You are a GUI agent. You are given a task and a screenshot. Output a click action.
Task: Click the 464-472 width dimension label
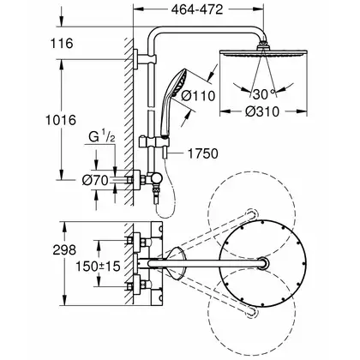pos(197,10)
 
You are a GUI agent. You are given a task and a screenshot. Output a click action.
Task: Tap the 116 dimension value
pos(62,44)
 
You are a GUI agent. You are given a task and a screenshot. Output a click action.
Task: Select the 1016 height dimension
pos(61,120)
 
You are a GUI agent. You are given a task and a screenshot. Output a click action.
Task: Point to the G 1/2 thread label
pos(101,137)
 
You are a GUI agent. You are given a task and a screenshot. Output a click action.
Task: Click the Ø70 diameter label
pos(95,180)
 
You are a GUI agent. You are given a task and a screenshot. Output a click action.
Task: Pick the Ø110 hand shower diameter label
pos(198,96)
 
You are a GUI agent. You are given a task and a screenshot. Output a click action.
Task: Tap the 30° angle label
pos(263,94)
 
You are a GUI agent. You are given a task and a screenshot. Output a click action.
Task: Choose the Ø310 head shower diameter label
pos(262,111)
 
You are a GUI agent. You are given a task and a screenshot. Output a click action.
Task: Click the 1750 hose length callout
pos(203,153)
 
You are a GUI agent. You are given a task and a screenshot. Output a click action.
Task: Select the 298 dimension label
pos(64,250)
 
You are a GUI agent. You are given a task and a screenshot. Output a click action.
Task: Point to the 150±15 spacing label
pos(98,267)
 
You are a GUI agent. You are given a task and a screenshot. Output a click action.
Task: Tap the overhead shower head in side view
pos(263,53)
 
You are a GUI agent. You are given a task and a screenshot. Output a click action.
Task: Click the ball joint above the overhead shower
pos(263,45)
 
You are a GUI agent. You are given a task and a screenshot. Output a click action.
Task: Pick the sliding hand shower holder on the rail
pos(153,142)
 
